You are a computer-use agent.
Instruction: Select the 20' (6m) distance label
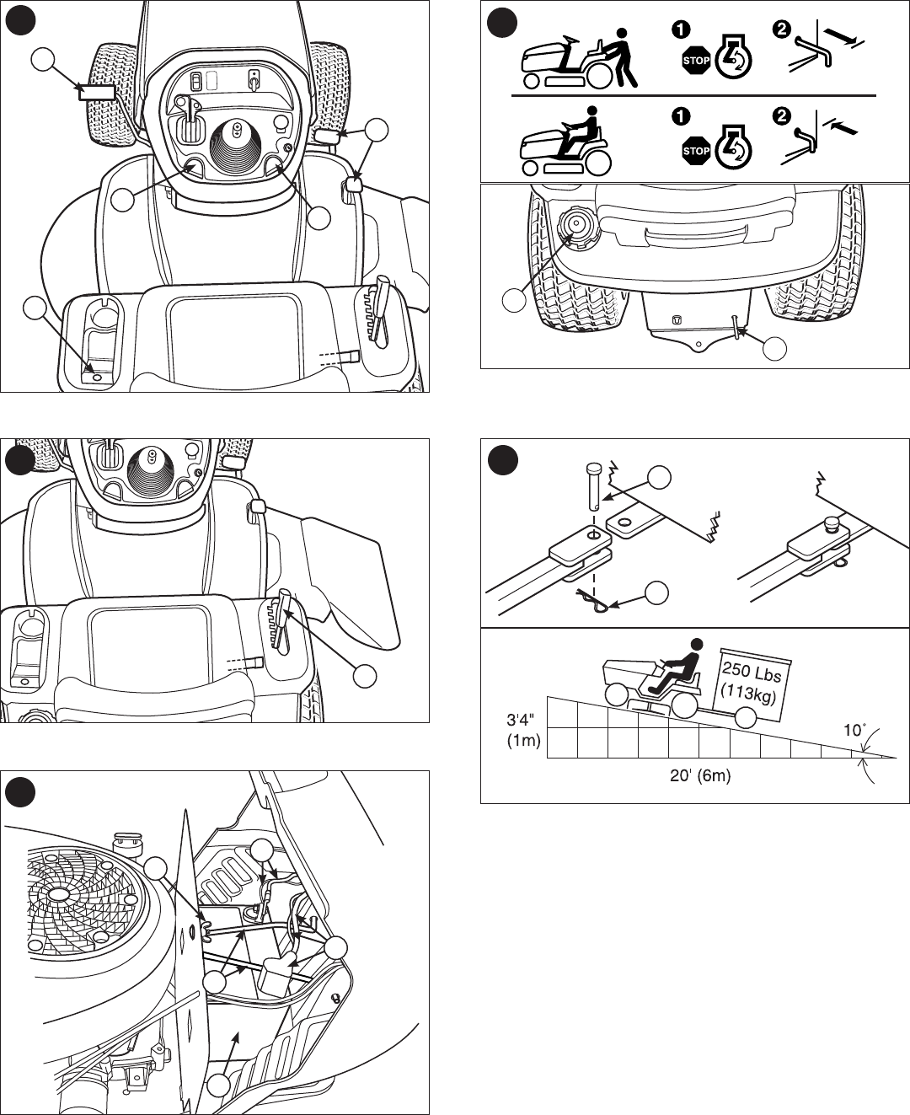pos(700,776)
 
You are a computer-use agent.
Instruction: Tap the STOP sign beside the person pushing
pos(696,61)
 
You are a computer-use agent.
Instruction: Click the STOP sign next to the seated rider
pos(696,151)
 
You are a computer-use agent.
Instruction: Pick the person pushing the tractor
pos(622,57)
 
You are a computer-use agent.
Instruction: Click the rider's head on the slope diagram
pos(695,646)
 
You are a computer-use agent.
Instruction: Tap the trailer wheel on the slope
pos(747,717)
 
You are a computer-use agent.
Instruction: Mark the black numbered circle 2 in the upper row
pos(782,28)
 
